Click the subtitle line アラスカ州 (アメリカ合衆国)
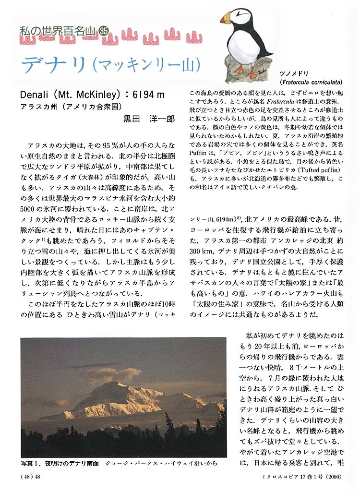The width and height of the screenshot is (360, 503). (x=73, y=106)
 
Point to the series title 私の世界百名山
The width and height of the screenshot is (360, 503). (x=58, y=31)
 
